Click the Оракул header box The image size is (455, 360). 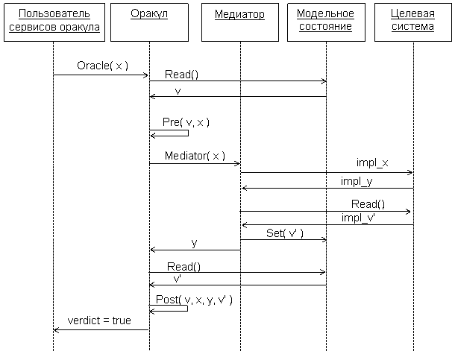coord(149,21)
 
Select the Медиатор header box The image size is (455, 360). coord(239,21)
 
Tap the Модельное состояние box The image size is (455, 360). coord(326,21)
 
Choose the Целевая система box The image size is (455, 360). coord(413,21)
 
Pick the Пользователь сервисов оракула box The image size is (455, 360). coord(53,21)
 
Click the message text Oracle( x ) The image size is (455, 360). coord(103,66)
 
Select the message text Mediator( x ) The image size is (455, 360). coord(195,156)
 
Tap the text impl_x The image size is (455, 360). coord(371,163)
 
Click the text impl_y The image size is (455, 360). coord(356,180)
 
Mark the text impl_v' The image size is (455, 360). coord(359,218)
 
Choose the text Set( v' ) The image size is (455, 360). coord(285,233)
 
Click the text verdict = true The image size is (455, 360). coord(99,320)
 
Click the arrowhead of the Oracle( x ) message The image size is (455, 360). coord(146,75)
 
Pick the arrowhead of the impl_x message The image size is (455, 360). coord(410,172)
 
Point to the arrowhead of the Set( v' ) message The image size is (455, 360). coord(324,239)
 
